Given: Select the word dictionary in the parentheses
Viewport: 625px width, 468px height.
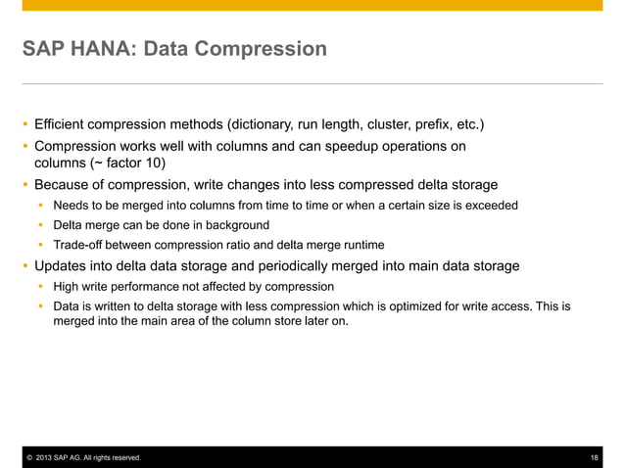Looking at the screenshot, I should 254,124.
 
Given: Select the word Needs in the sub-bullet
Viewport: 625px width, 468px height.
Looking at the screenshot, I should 71,206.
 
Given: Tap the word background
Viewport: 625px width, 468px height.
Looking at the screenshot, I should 233,225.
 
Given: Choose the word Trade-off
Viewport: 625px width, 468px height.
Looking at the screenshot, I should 80,245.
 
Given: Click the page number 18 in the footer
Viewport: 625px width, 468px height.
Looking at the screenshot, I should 595,458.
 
